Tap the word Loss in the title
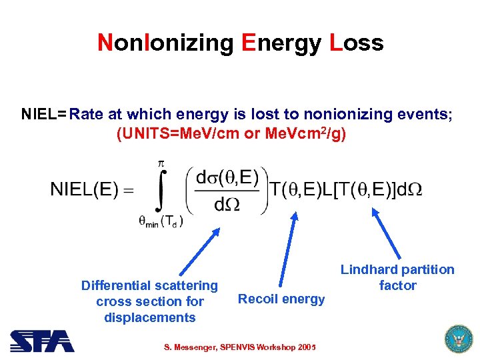click(356, 43)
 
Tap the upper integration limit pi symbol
click(161, 163)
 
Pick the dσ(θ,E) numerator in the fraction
click(227, 177)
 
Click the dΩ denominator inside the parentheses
click(227, 204)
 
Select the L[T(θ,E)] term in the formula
click(353, 190)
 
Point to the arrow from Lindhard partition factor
click(387, 233)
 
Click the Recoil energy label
click(281, 299)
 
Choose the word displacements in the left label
click(150, 317)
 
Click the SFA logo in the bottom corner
click(42, 341)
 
